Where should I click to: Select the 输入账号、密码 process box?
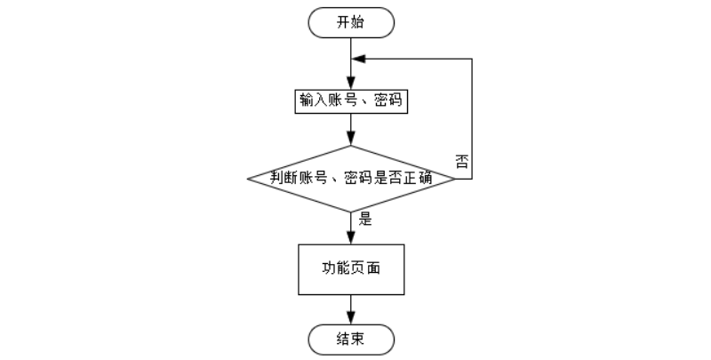pos(351,101)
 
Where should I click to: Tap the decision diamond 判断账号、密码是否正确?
pos(351,178)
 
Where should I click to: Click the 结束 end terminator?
pos(351,338)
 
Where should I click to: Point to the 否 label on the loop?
pos(462,161)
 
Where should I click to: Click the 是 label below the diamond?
pos(364,219)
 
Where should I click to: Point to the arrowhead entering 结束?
pos(351,318)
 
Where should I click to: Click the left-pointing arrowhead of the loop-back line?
pos(357,59)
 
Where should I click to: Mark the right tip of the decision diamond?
pos(455,178)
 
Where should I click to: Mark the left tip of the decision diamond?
pos(247,178)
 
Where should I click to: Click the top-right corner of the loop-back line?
pos(471,59)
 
